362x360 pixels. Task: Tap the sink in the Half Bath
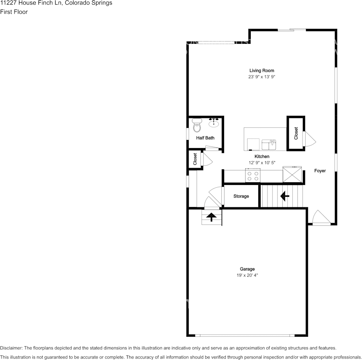click(214, 123)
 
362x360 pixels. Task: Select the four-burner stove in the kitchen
click(253, 176)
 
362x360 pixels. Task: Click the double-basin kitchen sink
click(269, 145)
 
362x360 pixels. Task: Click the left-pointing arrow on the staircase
click(284, 196)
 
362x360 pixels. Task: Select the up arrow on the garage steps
click(211, 217)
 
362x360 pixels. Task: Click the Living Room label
click(261, 70)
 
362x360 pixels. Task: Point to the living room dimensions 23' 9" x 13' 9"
click(261, 77)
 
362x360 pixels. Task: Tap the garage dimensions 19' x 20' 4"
click(247, 275)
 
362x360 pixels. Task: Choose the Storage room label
click(241, 196)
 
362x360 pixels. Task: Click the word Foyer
click(320, 171)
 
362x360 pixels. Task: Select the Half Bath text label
click(205, 138)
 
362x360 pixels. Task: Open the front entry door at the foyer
click(319, 218)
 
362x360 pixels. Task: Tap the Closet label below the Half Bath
click(195, 159)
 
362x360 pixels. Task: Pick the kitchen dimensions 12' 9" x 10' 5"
click(262, 163)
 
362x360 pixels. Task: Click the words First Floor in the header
click(14, 12)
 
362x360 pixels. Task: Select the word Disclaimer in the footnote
click(11, 348)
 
